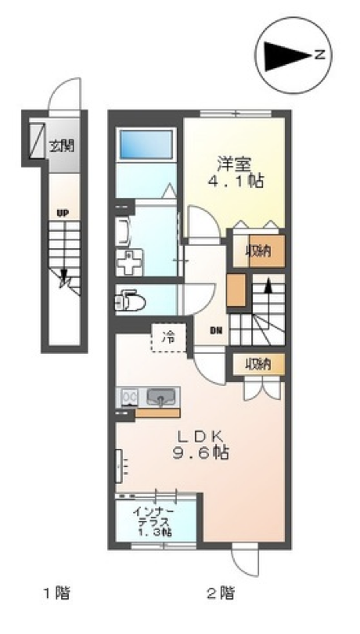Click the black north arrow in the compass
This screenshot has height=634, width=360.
287,56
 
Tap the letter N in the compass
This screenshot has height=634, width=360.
319,55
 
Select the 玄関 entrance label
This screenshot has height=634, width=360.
62,146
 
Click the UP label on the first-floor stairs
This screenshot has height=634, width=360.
63,214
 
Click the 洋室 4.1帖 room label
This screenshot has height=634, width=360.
236,173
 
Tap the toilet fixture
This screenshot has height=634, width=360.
130,300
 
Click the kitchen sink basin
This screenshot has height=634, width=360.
161,397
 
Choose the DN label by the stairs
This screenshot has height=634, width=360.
215,330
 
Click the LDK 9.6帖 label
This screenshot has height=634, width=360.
201,445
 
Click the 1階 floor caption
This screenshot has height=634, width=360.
56,593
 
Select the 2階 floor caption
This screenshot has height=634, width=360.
221,593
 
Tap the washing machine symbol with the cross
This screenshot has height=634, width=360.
129,262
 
